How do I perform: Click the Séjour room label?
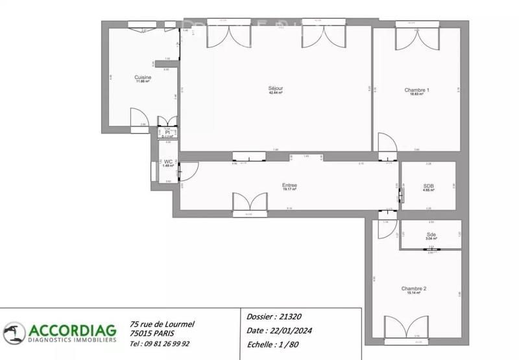(x=276, y=88)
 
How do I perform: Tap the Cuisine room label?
(x=143, y=77)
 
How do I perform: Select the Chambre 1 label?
(x=416, y=90)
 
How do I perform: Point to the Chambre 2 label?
(x=413, y=289)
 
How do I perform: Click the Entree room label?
(x=289, y=186)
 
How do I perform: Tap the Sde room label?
(x=431, y=234)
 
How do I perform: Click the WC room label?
(x=167, y=162)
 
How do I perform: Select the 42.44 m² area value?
(x=276, y=93)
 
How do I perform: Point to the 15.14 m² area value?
(x=413, y=293)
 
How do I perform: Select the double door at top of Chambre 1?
(x=416, y=38)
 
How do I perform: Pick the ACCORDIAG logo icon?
(x=14, y=333)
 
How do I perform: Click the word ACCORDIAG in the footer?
(x=71, y=329)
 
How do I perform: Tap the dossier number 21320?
(x=289, y=317)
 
